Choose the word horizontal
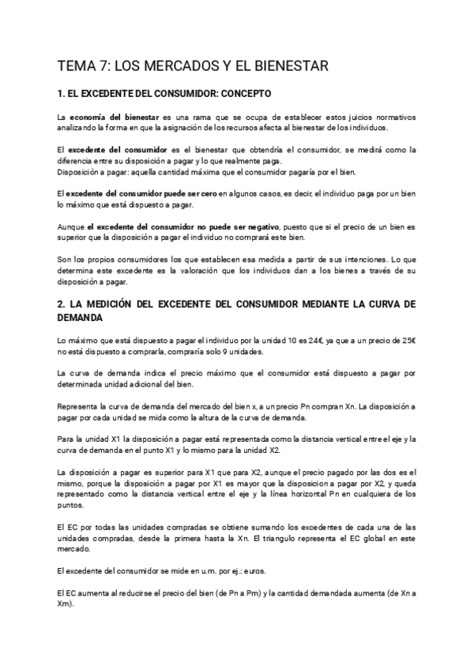coord(283,493)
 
